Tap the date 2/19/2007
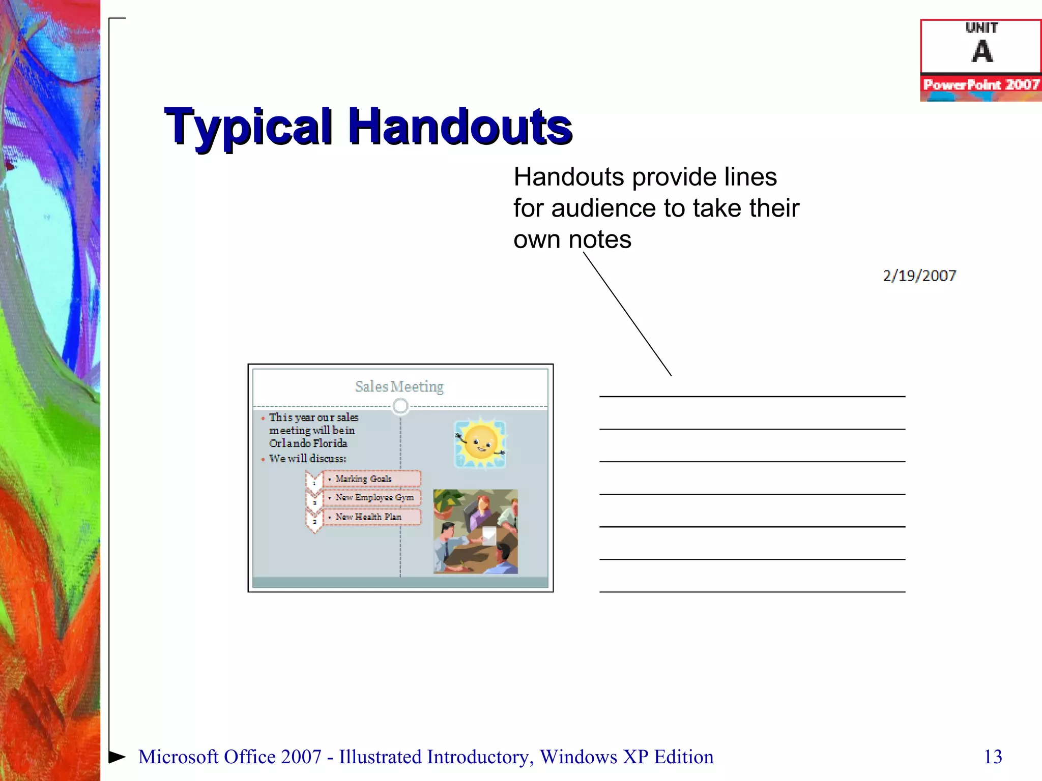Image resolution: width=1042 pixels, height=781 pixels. point(919,276)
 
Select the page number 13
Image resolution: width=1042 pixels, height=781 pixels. point(993,757)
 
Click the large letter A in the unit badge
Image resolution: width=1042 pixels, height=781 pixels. point(982,52)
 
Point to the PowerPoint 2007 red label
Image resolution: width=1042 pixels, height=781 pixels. point(981,84)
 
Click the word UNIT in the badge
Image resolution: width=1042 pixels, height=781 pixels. point(981,28)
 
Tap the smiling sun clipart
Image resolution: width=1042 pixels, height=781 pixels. point(480,442)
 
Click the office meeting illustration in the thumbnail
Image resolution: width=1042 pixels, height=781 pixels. point(475,531)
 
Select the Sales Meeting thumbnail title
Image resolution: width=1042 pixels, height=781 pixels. point(399,387)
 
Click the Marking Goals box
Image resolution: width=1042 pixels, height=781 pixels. point(371,479)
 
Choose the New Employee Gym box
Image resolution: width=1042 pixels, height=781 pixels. point(374,498)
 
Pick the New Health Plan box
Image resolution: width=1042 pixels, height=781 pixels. point(371,517)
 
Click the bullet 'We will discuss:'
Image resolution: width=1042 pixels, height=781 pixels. point(307,459)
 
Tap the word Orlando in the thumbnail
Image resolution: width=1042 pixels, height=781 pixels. point(290,443)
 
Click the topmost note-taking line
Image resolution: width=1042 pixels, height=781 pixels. point(752,397)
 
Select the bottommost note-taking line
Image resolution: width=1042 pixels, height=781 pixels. point(752,592)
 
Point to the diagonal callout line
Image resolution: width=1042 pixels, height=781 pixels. point(627,314)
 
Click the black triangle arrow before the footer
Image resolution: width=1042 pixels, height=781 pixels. point(117,757)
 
